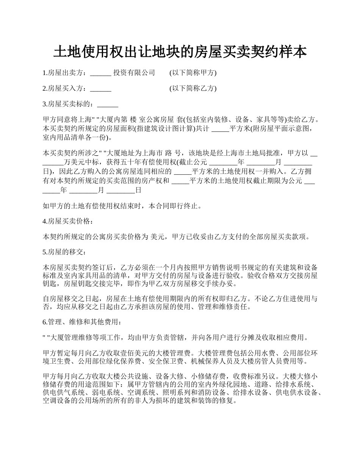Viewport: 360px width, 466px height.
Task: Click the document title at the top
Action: tap(180, 52)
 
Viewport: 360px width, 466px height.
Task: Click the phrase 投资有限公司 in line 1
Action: tap(134, 73)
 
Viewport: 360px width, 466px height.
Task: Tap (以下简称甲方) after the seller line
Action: tap(193, 73)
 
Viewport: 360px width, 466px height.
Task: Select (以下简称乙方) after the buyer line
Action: tap(193, 89)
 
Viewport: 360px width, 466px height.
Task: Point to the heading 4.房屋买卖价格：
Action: tap(67, 221)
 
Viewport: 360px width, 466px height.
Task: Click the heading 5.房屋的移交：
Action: tap(64, 252)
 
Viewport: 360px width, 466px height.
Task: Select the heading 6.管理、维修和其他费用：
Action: tap(82, 322)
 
